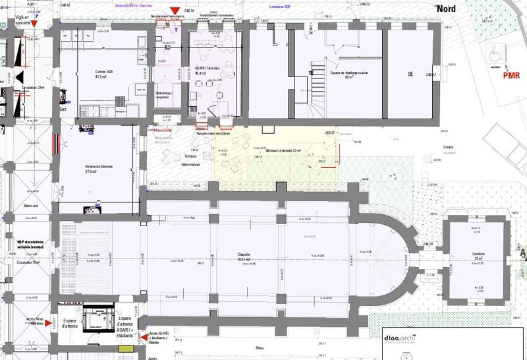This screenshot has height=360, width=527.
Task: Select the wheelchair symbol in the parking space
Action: (493, 53)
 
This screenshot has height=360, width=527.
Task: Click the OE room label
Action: (410, 74)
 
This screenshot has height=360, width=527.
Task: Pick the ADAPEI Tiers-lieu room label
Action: (208, 71)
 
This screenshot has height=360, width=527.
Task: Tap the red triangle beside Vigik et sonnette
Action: (35, 24)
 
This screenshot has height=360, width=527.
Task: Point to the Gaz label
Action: (63, 109)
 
